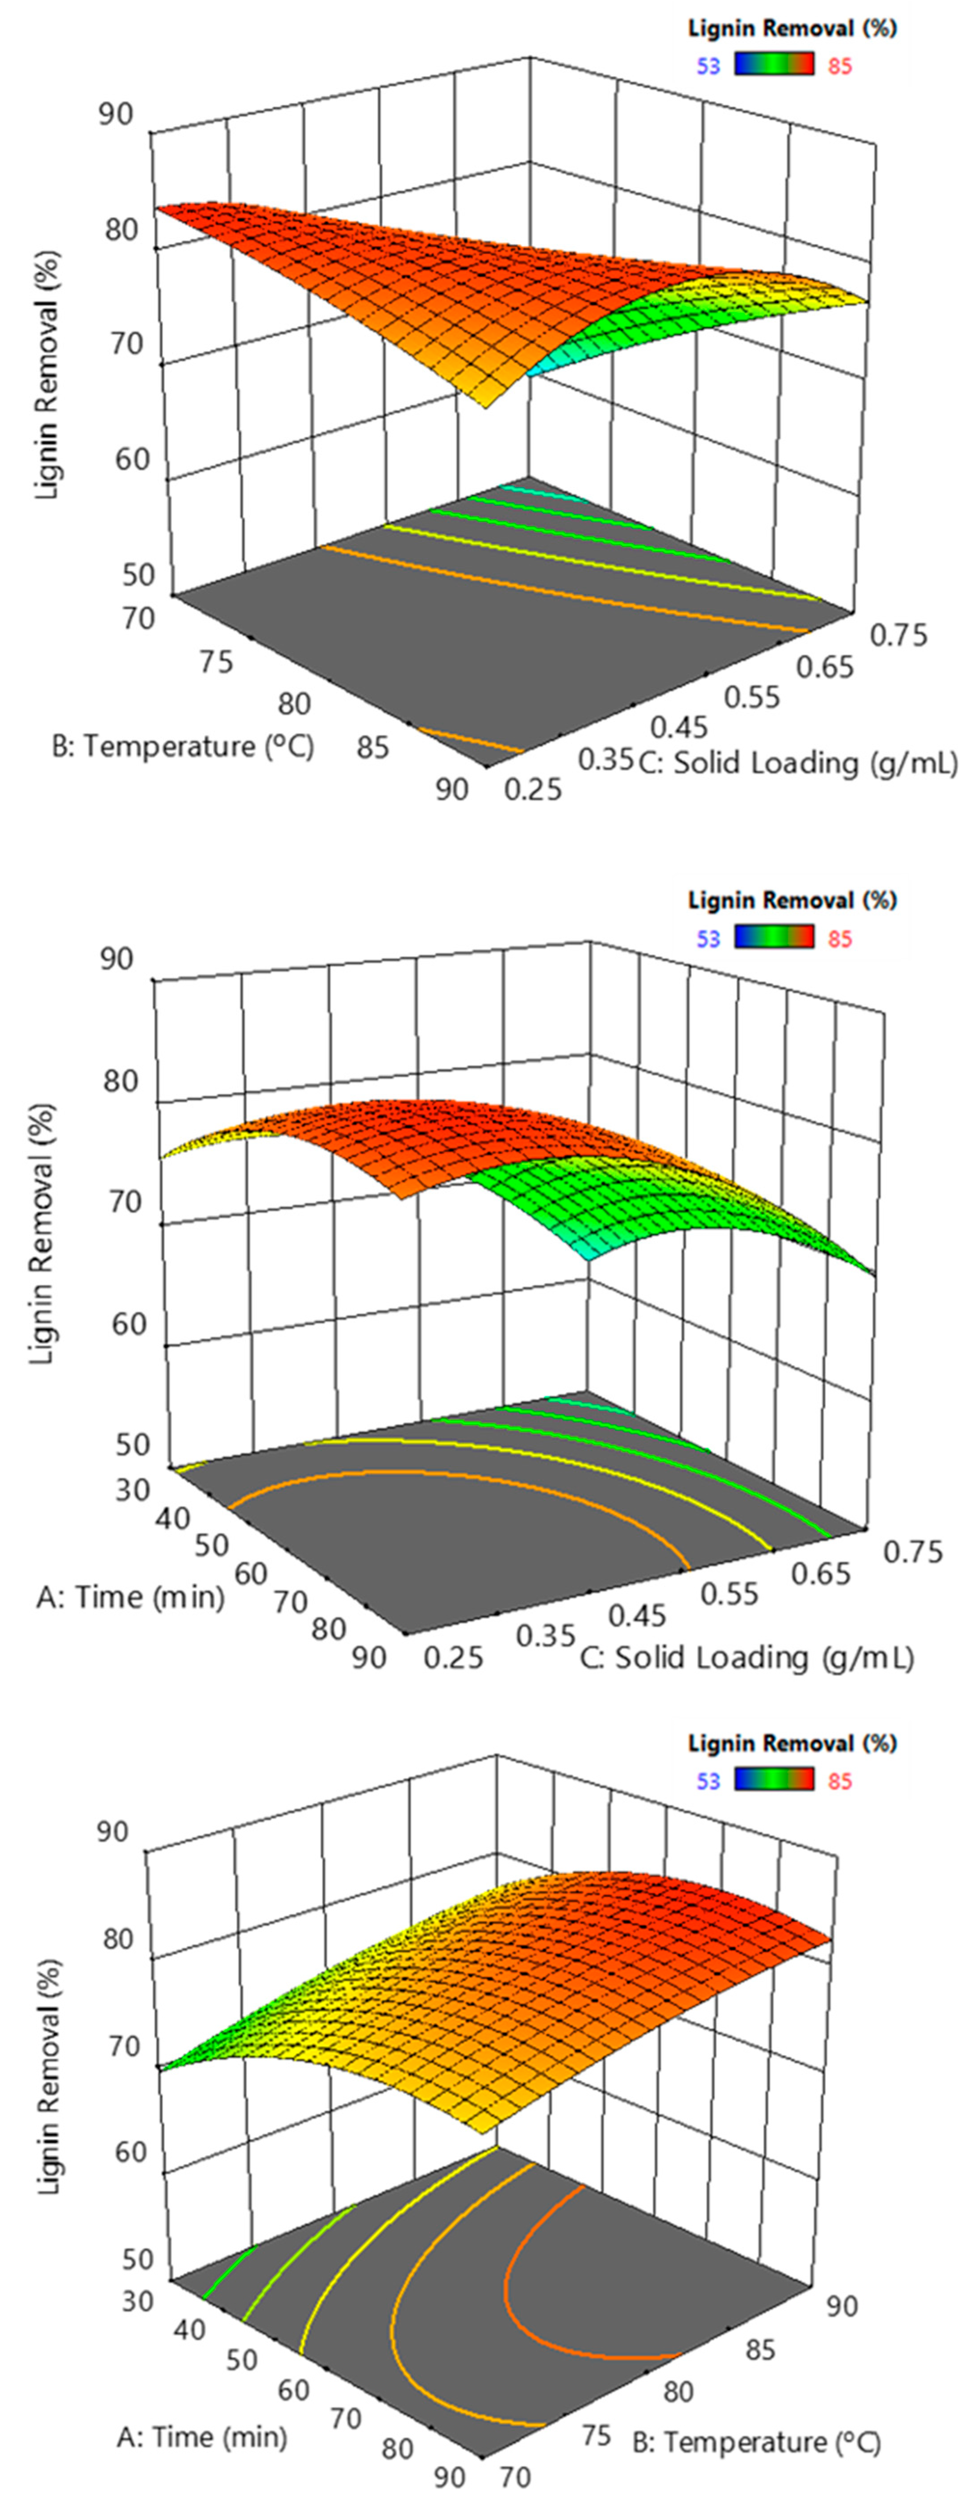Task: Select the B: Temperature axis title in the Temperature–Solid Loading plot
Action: [x=183, y=746]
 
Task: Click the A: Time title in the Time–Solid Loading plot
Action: [x=130, y=1597]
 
